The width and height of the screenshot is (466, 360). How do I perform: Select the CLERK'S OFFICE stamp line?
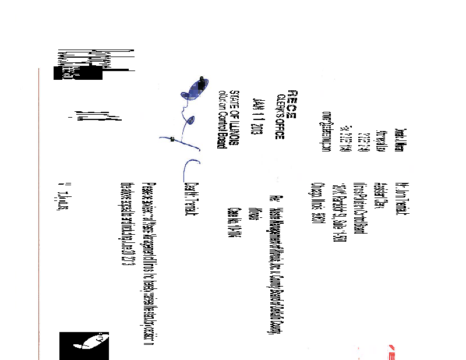[280, 116]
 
